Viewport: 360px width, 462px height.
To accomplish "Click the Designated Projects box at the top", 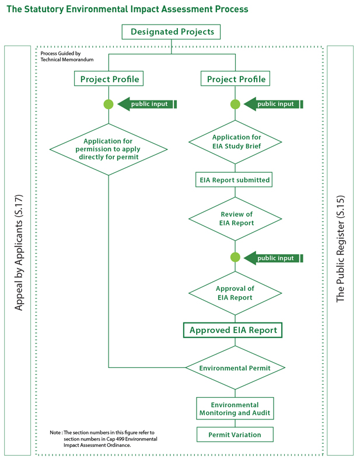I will [171, 32].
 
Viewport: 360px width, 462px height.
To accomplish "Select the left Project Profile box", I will [109, 79].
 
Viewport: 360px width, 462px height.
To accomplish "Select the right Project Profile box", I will [236, 79].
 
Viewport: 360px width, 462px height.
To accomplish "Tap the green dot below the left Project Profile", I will [109, 105].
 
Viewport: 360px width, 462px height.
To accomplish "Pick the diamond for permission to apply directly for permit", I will [109, 149].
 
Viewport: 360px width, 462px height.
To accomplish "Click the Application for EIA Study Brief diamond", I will [236, 142].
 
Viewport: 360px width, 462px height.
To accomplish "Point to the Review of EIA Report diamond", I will [236, 218].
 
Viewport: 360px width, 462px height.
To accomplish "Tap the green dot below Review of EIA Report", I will [235, 258].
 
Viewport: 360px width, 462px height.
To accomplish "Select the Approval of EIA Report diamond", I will [235, 293].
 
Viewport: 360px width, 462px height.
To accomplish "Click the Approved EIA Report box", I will [233, 330].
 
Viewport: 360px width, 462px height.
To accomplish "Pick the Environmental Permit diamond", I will [235, 368].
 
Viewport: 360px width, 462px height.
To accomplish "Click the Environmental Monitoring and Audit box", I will [235, 409].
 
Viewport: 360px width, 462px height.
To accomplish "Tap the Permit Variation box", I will [235, 435].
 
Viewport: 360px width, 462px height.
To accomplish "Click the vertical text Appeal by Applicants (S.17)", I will [18, 251].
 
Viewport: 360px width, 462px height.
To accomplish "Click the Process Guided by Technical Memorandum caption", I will [67, 57].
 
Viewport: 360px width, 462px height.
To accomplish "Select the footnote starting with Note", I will [104, 439].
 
